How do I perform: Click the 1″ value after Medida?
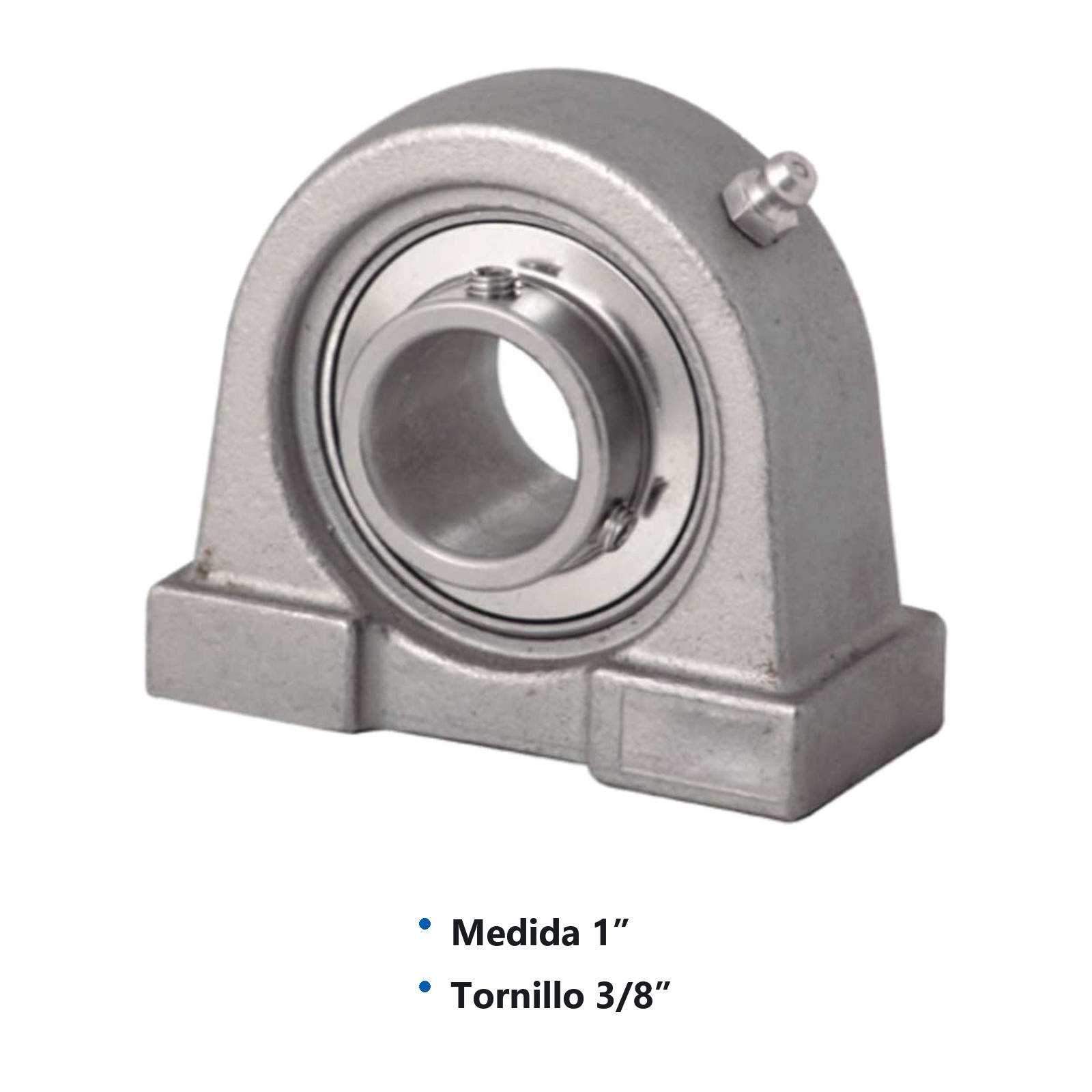click(609, 932)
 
